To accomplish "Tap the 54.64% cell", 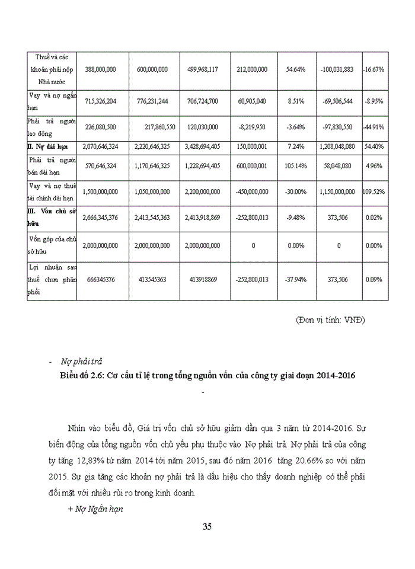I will click(x=295, y=69).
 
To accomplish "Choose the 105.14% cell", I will click(x=295, y=167).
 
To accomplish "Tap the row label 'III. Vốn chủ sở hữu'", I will click(x=50, y=218).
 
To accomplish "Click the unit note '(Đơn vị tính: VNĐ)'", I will click(x=331, y=320).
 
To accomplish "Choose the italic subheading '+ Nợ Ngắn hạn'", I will click(x=95, y=509).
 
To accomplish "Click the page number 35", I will click(x=207, y=527).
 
